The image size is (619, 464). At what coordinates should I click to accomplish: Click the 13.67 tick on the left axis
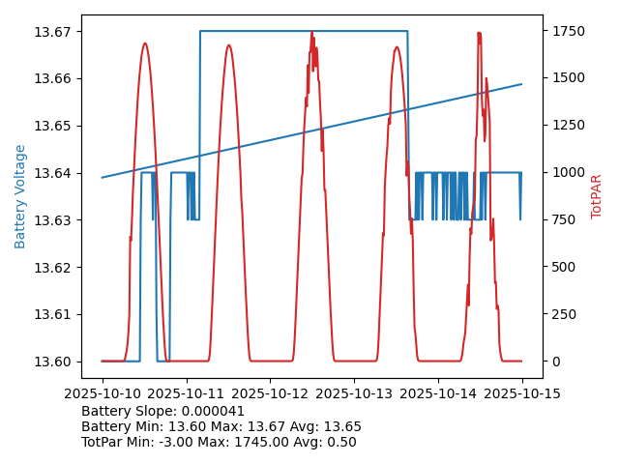(x=55, y=32)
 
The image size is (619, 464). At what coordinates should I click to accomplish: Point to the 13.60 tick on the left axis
(x=55, y=362)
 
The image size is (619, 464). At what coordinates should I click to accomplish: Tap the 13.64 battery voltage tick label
(x=55, y=173)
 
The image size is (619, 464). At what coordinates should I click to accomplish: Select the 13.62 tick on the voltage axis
(x=55, y=268)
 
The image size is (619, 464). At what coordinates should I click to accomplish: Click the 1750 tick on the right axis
(x=569, y=32)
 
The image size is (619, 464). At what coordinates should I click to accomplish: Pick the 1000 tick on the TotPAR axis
(x=569, y=173)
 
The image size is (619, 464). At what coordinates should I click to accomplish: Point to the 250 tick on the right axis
(x=565, y=315)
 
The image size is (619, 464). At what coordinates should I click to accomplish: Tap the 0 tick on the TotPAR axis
(x=557, y=362)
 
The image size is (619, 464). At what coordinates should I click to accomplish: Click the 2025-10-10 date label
(x=102, y=393)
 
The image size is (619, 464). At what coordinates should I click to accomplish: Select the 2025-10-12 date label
(x=270, y=393)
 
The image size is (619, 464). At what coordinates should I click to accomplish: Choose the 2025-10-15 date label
(x=522, y=393)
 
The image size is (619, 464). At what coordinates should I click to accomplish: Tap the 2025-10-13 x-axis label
(x=354, y=393)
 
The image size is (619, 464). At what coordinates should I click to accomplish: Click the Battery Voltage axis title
(x=21, y=196)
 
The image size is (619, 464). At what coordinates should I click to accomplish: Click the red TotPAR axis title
(x=597, y=196)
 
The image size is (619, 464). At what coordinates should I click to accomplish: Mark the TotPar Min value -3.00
(x=169, y=442)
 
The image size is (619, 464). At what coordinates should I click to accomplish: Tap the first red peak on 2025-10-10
(x=145, y=43)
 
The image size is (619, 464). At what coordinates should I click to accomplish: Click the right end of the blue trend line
(x=521, y=84)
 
